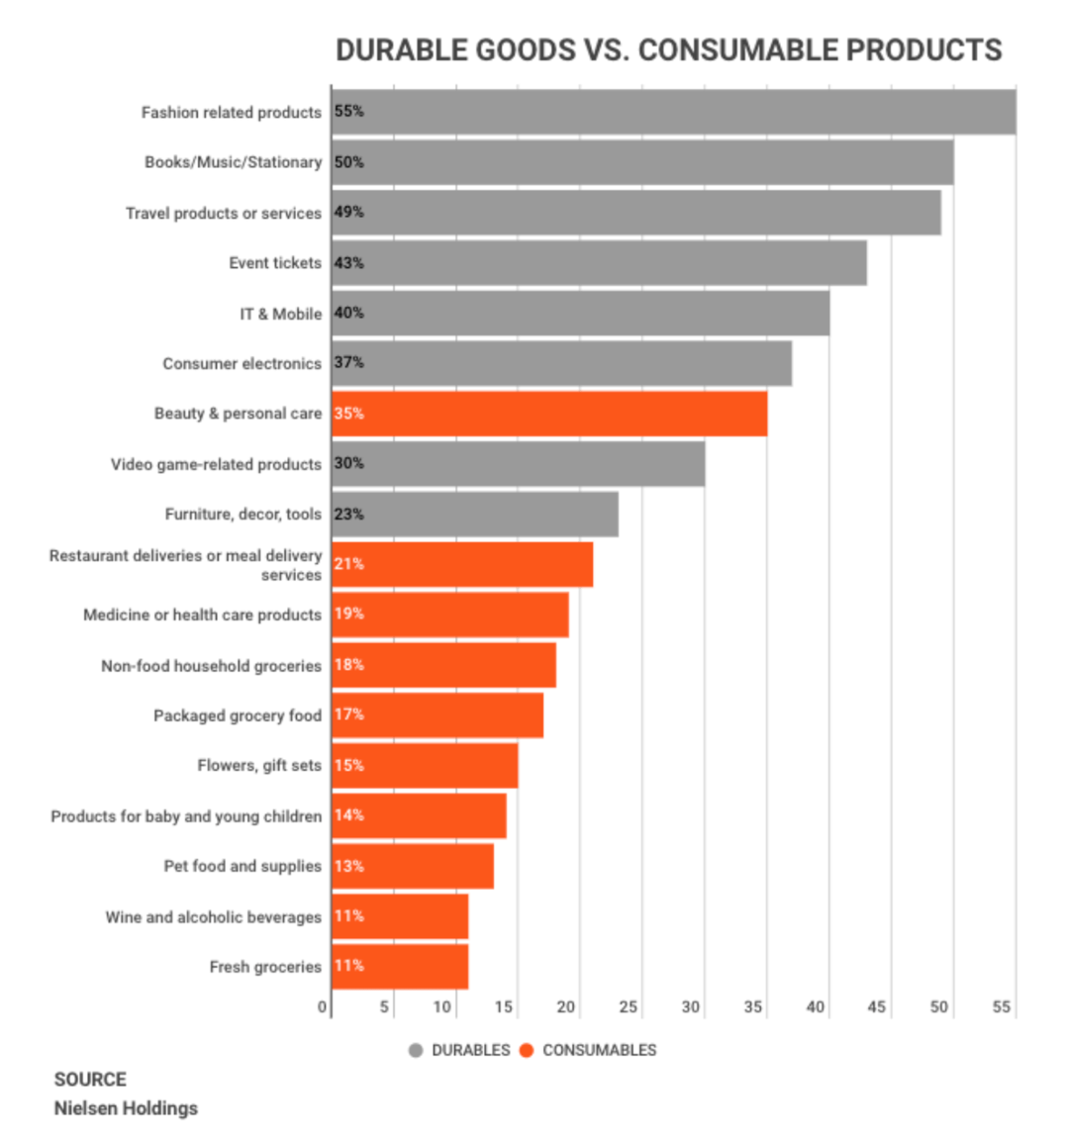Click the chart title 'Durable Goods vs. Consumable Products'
coord(668,49)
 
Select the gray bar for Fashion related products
coord(673,112)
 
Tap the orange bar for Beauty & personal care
coord(549,414)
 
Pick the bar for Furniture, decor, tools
coord(475,515)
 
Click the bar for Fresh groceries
coord(400,967)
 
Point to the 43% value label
coord(348,263)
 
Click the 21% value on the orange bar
coord(348,564)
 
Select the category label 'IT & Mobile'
coord(280,314)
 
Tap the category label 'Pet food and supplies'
coord(243,866)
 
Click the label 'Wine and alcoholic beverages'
coord(213,917)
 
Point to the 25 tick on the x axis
coord(628,1007)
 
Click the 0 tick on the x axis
coord(323,1007)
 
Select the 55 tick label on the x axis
coord(1001,1007)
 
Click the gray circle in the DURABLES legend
coord(416,1050)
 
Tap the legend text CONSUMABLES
coord(599,1050)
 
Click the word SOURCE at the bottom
coord(90,1080)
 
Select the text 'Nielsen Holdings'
coord(126,1108)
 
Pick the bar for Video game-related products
coord(518,464)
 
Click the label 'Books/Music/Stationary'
coord(233,162)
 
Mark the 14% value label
coord(348,815)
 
